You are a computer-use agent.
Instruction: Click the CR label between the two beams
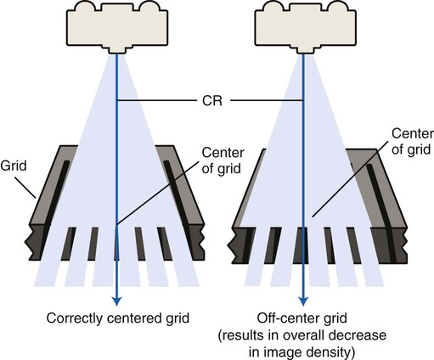coord(212,100)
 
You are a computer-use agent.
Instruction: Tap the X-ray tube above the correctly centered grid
coord(117,27)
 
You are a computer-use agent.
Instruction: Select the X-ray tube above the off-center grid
coord(305,27)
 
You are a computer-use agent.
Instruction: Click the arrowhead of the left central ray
coord(116,301)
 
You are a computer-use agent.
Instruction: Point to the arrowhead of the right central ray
coord(303,301)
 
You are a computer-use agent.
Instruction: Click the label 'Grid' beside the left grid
coord(14,166)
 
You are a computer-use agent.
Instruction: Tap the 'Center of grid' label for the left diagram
coord(223,160)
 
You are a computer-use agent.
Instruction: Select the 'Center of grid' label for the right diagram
coord(412,142)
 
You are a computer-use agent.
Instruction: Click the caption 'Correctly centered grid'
coord(118,318)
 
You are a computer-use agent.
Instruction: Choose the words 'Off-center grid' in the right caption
coord(302,318)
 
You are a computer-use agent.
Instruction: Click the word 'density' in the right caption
coord(331,352)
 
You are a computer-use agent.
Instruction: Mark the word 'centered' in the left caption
coord(133,318)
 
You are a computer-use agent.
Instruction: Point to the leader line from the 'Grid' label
coord(27,188)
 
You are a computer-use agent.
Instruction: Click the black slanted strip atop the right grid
coord(381,213)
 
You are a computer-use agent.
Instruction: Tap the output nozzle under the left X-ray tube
coord(117,49)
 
